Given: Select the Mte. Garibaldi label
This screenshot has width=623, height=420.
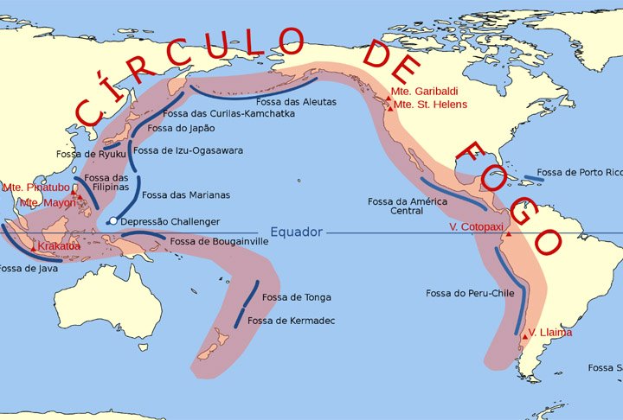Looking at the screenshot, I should click(424, 91).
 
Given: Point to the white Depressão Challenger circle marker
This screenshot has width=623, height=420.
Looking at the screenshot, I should click(112, 221).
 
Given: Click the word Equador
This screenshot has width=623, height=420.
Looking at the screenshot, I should click(296, 232).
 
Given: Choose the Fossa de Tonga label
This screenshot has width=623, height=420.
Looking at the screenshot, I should click(296, 297).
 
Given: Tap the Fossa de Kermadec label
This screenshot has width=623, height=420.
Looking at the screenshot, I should click(291, 321).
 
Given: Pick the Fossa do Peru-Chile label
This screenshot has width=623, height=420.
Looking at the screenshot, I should click(470, 294).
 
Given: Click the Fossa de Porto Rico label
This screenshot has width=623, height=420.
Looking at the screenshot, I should click(579, 173).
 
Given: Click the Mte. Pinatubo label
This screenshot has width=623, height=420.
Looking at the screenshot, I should click(35, 187).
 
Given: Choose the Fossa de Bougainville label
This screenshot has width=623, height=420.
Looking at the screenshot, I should click(219, 242).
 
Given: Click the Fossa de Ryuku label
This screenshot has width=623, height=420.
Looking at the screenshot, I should click(85, 154).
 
